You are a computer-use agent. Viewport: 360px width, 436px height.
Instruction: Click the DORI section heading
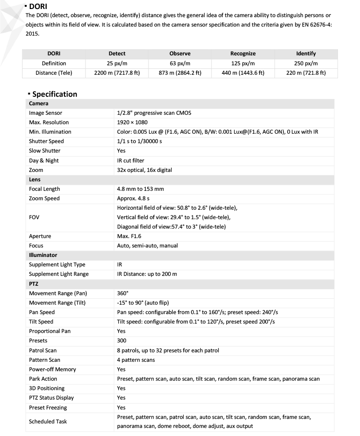click(x=38, y=6)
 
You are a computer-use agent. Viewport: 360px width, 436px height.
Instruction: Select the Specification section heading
click(x=54, y=94)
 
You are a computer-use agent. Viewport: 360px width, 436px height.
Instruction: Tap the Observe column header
click(x=180, y=54)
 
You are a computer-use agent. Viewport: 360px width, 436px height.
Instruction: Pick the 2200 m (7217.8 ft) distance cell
click(x=117, y=73)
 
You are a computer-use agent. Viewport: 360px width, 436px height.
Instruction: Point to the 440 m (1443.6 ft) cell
click(x=243, y=73)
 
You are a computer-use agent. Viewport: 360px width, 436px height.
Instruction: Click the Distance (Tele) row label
click(x=54, y=73)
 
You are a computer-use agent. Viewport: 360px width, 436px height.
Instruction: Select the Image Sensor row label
click(x=45, y=113)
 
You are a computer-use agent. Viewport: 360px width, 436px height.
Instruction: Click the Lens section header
click(x=35, y=180)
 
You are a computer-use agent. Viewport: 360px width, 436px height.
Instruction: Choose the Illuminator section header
click(x=43, y=255)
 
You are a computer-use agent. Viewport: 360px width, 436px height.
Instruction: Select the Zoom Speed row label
click(x=44, y=198)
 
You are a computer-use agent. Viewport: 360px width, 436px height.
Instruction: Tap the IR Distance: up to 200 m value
click(x=147, y=274)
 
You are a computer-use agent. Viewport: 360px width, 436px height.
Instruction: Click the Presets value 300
click(x=121, y=341)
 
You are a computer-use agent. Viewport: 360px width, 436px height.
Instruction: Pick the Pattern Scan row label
click(x=45, y=360)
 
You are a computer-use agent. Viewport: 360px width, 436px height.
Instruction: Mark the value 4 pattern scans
click(x=136, y=360)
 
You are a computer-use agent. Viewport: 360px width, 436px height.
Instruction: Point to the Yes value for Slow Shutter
click(x=121, y=151)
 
